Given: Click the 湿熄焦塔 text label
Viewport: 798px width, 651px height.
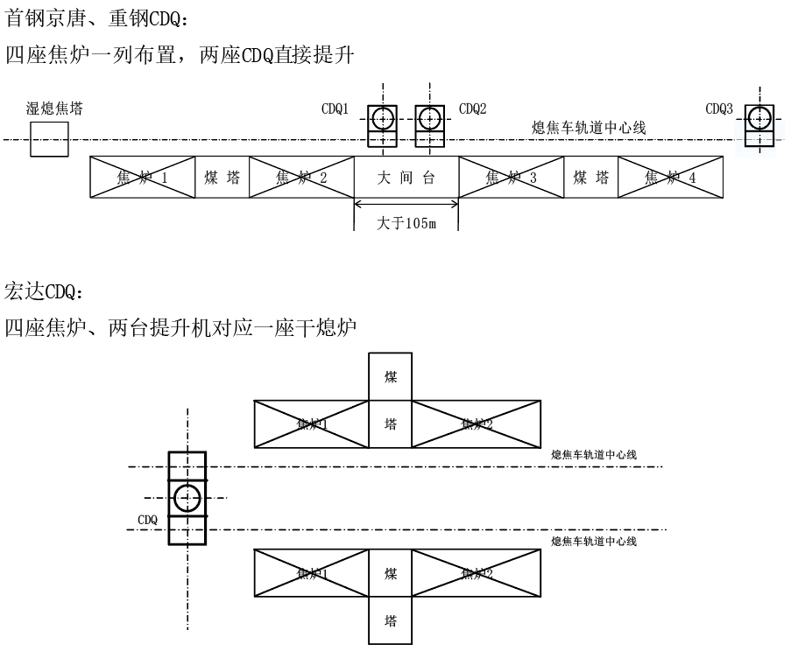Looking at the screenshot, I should click(55, 108).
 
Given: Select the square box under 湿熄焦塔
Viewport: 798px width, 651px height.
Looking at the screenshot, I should click(49, 139).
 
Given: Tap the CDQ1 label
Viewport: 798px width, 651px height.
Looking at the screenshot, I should click(335, 109).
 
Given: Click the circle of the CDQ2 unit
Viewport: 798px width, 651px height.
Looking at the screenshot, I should click(429, 117).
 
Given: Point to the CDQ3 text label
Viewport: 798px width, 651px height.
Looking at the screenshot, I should click(719, 109).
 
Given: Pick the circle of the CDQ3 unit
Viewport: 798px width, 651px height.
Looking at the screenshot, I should click(759, 117).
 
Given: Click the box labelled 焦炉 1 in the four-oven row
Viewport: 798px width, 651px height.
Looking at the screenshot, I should click(142, 178).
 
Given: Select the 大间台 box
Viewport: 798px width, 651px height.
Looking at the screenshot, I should click(406, 178).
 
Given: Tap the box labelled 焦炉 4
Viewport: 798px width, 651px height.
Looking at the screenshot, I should click(670, 178).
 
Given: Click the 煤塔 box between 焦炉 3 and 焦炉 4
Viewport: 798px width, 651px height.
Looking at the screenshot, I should click(591, 178).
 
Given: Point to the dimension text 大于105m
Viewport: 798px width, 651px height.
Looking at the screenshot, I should click(406, 223).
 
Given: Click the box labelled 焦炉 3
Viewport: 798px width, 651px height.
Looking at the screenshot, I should click(512, 178).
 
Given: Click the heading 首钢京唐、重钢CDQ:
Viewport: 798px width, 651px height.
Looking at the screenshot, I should click(95, 17).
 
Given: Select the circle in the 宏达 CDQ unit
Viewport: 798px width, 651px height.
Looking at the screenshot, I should click(187, 499).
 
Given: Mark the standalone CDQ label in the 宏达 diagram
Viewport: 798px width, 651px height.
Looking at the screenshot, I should click(147, 520).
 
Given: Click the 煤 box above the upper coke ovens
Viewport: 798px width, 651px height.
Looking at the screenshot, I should click(391, 376).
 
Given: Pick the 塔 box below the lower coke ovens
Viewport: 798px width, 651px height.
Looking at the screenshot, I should click(391, 621).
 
